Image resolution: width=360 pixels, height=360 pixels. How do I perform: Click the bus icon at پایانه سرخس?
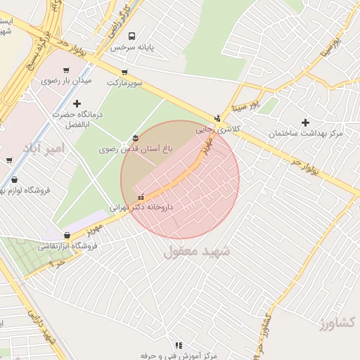point(132,36)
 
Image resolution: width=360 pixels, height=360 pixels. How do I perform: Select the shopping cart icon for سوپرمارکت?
point(124,72)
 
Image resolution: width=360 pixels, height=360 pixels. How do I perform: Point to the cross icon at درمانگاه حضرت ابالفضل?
point(77,103)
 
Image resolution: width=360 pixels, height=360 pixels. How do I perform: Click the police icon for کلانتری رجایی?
point(218,118)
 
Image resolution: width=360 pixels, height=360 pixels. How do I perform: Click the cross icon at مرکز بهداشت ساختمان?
point(305,122)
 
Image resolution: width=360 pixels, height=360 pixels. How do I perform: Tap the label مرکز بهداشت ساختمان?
point(305,134)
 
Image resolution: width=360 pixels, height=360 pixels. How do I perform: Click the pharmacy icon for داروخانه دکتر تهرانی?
point(141,196)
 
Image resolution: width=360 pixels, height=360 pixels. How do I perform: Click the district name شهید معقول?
point(197,251)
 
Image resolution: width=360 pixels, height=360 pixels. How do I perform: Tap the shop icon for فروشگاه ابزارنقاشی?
point(67,236)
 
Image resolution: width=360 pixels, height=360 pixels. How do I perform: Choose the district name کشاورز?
point(337,323)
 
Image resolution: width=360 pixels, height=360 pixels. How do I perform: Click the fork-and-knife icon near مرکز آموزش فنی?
point(178,345)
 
